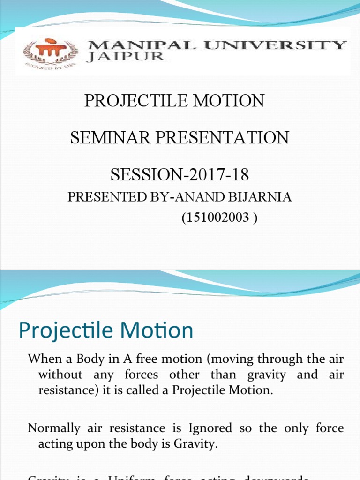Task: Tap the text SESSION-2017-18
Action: tap(180, 175)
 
